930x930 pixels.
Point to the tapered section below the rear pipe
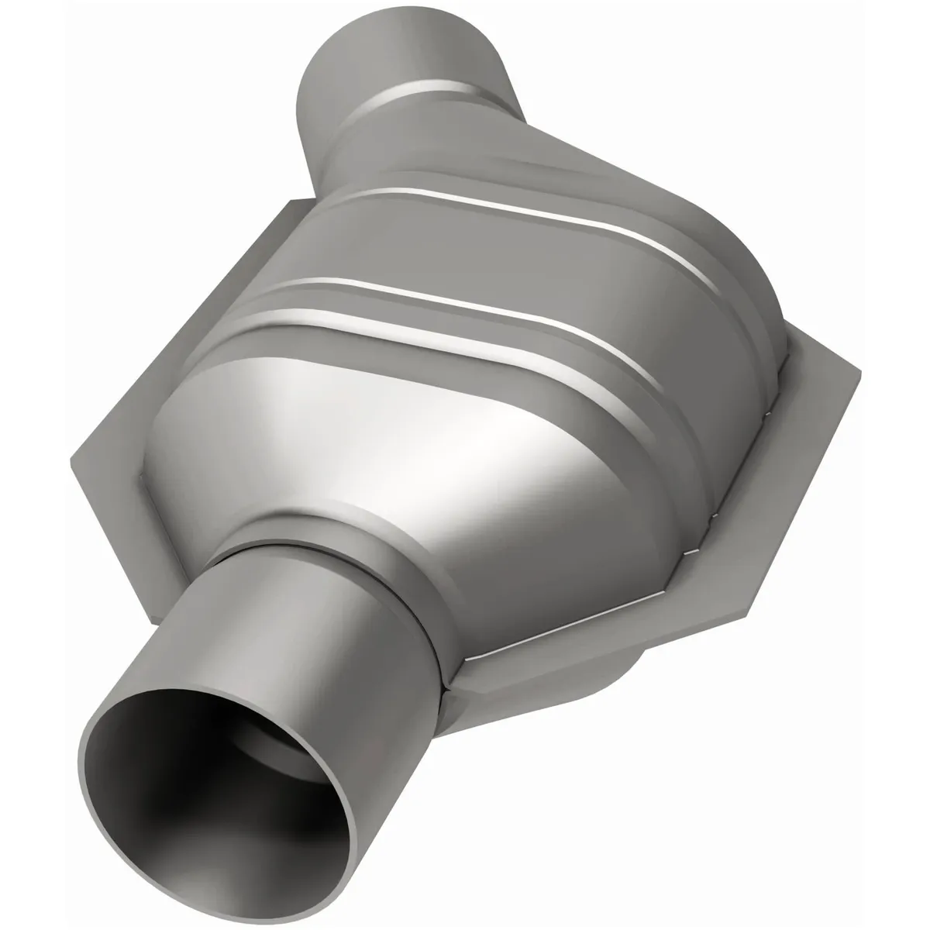(465, 147)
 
